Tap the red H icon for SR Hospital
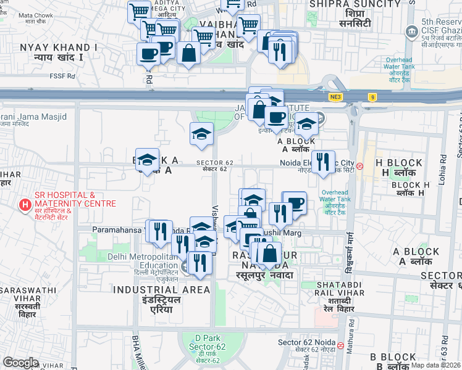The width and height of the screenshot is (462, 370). [x=25, y=205]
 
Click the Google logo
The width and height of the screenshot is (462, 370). [x=20, y=362]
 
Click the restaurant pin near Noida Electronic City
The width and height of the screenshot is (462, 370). [x=323, y=163]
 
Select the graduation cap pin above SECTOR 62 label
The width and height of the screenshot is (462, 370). [x=201, y=134]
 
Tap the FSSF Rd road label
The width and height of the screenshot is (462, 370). [x=63, y=76]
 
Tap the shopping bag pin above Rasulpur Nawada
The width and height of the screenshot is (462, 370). [x=269, y=253]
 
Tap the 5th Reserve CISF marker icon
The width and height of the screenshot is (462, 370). [x=411, y=31]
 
